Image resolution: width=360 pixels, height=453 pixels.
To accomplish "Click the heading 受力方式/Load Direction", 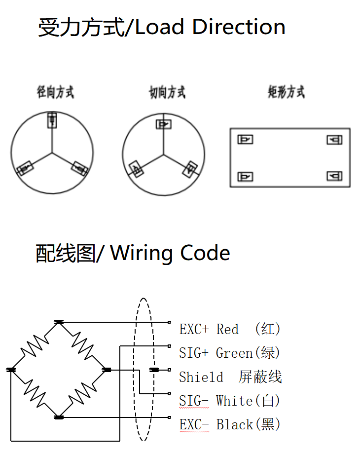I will [162, 27].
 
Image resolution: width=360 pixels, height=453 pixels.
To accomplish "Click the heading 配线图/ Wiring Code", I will [133, 253].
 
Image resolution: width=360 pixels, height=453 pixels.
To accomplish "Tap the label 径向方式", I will [55, 92].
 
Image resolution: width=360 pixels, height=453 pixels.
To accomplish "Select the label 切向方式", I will [167, 92].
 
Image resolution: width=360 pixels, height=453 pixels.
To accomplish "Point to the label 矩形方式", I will [287, 92].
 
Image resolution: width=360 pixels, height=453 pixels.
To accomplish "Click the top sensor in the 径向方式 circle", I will [52, 120].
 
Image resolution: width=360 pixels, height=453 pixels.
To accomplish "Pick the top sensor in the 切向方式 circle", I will [164, 124].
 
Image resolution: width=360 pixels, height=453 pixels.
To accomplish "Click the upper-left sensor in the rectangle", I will [245, 140].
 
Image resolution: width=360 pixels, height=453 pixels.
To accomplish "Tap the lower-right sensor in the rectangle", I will [334, 176].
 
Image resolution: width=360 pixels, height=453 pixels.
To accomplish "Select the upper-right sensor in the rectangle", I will [334, 140].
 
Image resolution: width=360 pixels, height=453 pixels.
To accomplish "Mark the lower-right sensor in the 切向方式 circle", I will [189, 169].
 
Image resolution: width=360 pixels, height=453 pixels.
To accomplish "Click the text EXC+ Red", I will [209, 329].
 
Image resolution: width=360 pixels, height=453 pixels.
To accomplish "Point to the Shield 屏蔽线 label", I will [230, 377].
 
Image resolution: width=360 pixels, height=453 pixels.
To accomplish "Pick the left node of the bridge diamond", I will [11, 370].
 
